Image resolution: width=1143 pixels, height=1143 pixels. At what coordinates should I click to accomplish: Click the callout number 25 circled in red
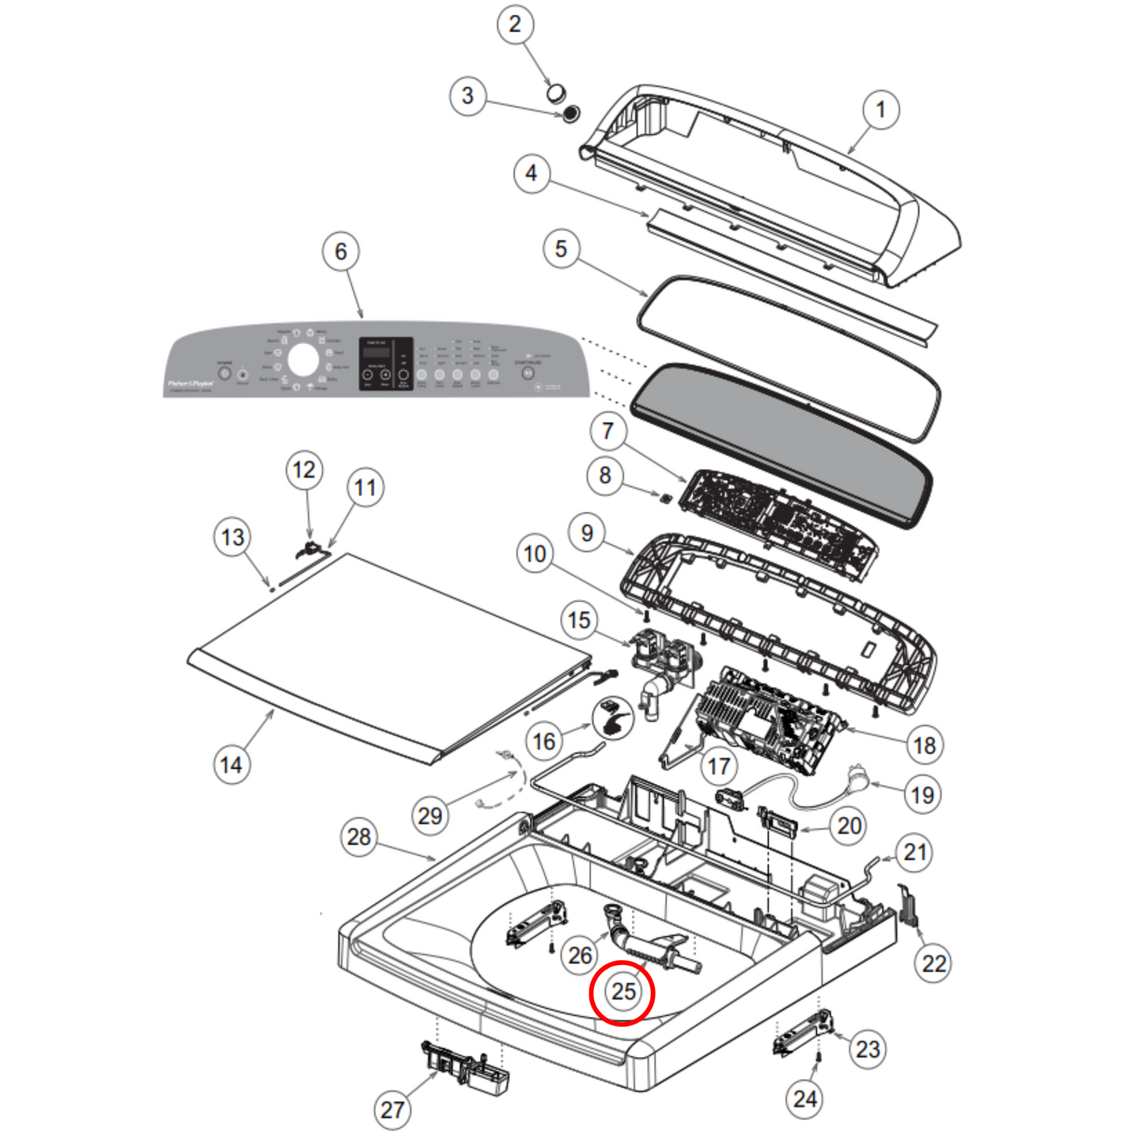(623, 992)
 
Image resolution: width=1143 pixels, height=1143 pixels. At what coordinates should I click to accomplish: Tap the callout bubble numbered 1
(880, 109)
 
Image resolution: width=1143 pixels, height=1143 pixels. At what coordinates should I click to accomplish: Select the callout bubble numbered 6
(341, 252)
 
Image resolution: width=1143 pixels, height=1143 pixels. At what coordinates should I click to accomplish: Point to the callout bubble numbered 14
(231, 765)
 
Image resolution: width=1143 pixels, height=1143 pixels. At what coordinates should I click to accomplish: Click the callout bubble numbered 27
(392, 1110)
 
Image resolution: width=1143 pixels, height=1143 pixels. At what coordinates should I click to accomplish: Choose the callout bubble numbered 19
(922, 794)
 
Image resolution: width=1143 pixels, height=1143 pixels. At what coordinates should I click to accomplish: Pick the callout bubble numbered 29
(430, 816)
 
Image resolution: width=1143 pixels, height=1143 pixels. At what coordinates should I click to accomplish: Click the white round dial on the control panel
(303, 361)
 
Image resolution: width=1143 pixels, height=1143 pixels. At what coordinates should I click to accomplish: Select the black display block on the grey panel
(386, 364)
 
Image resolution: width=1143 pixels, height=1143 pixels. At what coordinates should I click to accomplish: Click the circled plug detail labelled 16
(613, 717)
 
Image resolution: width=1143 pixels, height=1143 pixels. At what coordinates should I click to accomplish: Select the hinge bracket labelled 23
(804, 1033)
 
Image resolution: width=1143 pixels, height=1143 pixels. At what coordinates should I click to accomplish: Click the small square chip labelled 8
(666, 498)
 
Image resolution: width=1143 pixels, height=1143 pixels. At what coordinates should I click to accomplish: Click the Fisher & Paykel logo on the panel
(190, 384)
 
